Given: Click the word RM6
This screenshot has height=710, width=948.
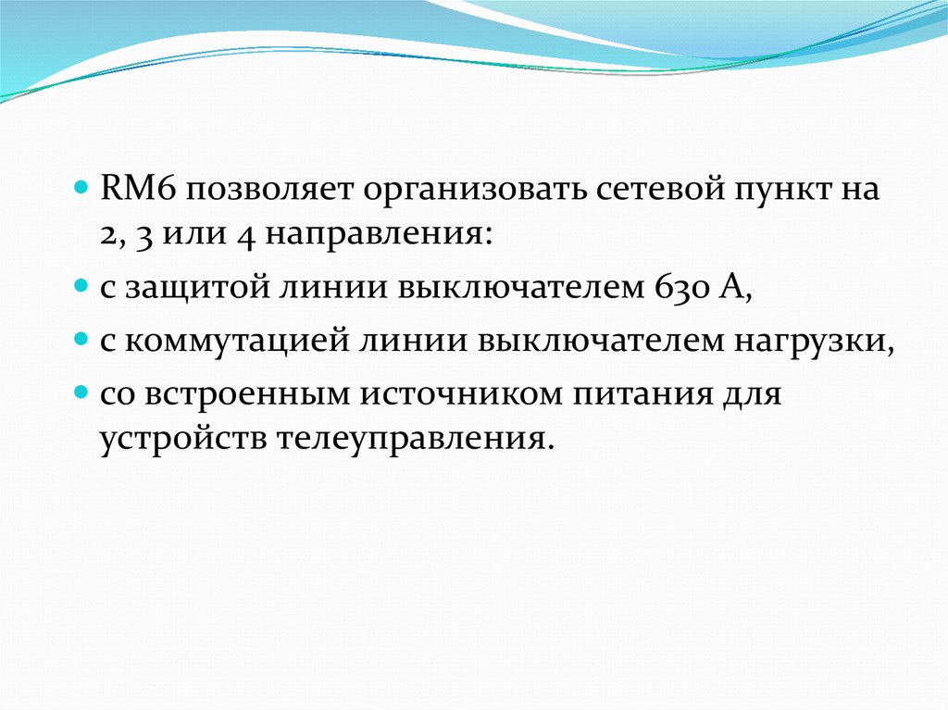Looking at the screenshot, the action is click(x=139, y=189).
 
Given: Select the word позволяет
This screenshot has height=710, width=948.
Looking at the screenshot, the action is click(x=269, y=192).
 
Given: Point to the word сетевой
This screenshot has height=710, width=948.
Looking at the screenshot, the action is click(x=661, y=189).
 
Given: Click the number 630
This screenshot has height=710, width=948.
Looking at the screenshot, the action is click(x=680, y=287).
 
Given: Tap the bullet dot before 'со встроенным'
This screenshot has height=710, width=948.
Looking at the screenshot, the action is click(x=81, y=392).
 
